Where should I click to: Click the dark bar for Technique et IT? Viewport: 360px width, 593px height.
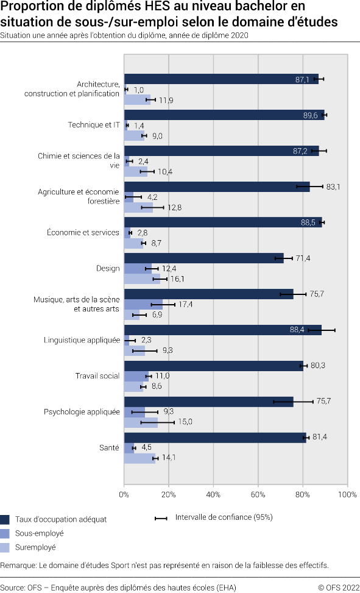click(224, 115)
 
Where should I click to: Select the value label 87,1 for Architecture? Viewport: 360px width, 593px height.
click(302, 80)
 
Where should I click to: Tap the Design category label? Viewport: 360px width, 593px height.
click(108, 268)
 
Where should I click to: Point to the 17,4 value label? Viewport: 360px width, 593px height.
click(185, 304)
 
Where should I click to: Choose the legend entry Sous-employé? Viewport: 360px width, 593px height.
click(40, 533)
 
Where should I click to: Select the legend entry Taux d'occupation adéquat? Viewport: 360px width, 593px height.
click(61, 519)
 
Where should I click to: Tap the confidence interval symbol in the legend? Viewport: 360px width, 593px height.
click(161, 518)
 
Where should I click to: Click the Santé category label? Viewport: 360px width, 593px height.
click(109, 448)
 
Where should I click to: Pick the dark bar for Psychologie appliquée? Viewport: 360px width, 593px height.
click(208, 402)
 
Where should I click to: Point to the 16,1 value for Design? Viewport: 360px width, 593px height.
click(177, 279)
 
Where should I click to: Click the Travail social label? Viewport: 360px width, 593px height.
click(97, 376)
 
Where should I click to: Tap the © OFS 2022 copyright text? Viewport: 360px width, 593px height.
click(338, 588)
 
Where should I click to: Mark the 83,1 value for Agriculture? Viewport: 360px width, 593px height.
click(333, 187)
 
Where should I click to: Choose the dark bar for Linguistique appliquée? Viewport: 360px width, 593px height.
click(222, 330)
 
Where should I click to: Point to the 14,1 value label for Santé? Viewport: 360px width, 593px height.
click(169, 458)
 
